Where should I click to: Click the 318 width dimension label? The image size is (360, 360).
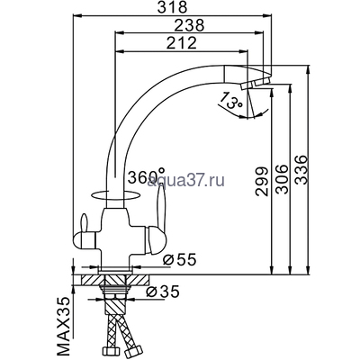[x=172, y=7]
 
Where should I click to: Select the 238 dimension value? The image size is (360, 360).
[x=189, y=25]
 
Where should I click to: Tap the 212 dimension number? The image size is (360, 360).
[x=182, y=43]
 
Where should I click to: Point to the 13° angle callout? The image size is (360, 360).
[x=230, y=101]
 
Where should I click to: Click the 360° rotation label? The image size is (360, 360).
[x=146, y=176]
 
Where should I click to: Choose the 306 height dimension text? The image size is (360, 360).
[x=282, y=179]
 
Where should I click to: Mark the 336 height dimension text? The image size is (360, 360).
[x=301, y=170]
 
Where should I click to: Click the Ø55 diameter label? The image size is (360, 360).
[x=180, y=260]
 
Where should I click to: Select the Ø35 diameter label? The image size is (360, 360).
[x=163, y=292]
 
